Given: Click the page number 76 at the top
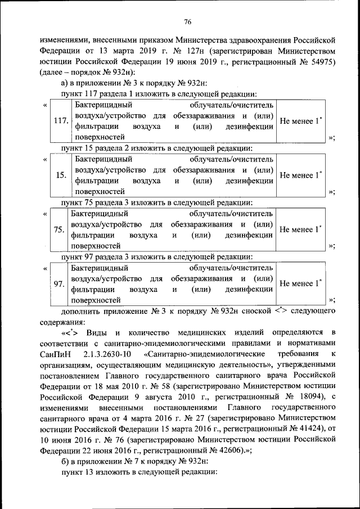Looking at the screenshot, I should point(188,21).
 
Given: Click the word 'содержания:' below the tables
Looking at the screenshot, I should point(62,322).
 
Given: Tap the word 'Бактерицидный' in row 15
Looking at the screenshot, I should point(101,159).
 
